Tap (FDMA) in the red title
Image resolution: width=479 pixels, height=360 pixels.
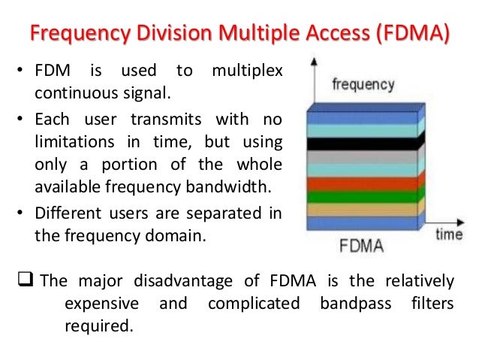click(410, 35)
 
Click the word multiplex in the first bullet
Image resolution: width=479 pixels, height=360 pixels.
click(247, 71)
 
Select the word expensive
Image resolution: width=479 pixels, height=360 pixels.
click(102, 304)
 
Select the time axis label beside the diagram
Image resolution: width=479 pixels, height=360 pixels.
click(450, 235)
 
